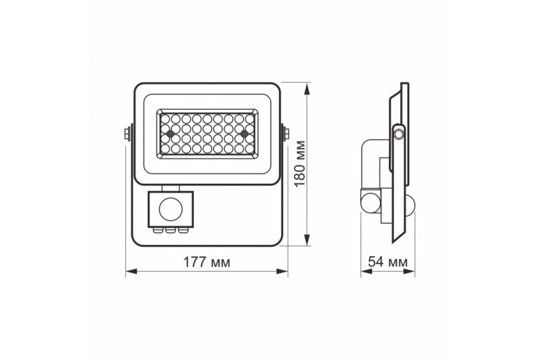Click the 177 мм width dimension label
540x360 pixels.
coord(207,262)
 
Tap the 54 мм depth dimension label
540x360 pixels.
coord(388,262)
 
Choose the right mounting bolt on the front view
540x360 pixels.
coord(286,134)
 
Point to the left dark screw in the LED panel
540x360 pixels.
coord(170,134)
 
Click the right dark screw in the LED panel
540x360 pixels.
coord(243,134)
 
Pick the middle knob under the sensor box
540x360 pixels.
coord(171,230)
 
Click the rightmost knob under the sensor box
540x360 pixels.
coord(181,230)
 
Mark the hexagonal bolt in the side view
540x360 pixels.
coord(398,134)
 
